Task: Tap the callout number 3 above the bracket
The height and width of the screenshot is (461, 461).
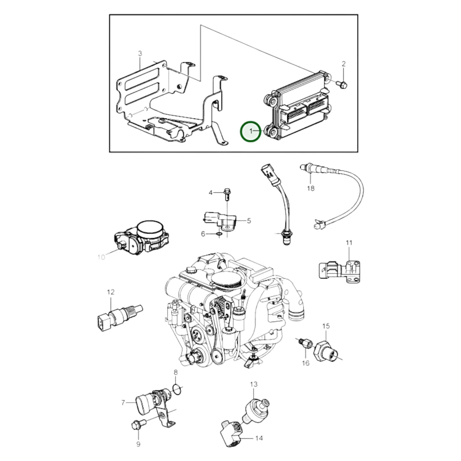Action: (x=140, y=53)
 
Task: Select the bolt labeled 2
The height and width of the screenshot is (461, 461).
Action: (x=342, y=84)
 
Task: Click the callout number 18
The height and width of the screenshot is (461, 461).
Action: (x=311, y=189)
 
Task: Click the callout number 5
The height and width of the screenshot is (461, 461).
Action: (x=249, y=220)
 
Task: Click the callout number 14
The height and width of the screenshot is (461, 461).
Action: (x=259, y=438)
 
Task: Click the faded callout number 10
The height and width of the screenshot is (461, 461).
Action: (x=101, y=257)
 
